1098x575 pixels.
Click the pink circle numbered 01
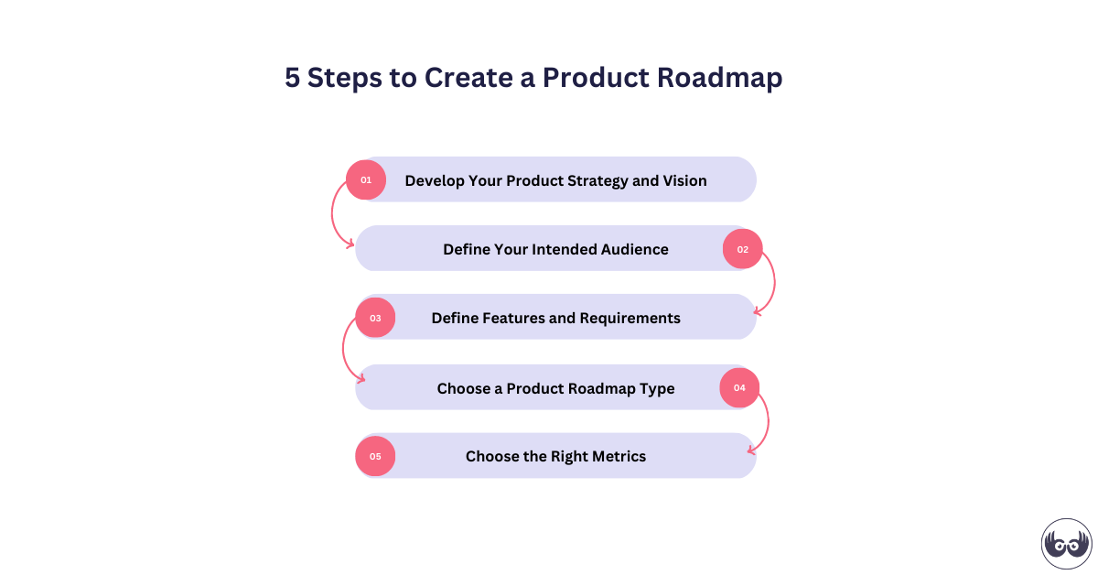click(x=366, y=179)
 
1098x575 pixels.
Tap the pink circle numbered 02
click(x=742, y=249)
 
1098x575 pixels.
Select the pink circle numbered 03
click(x=375, y=318)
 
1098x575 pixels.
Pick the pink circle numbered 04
click(x=739, y=387)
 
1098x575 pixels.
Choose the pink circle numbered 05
click(x=375, y=456)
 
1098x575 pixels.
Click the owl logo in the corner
click(x=1066, y=543)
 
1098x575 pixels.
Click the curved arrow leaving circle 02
click(x=773, y=284)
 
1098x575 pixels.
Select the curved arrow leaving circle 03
click(x=345, y=353)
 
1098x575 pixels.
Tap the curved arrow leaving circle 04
click(x=766, y=421)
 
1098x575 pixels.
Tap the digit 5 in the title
click(x=292, y=78)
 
